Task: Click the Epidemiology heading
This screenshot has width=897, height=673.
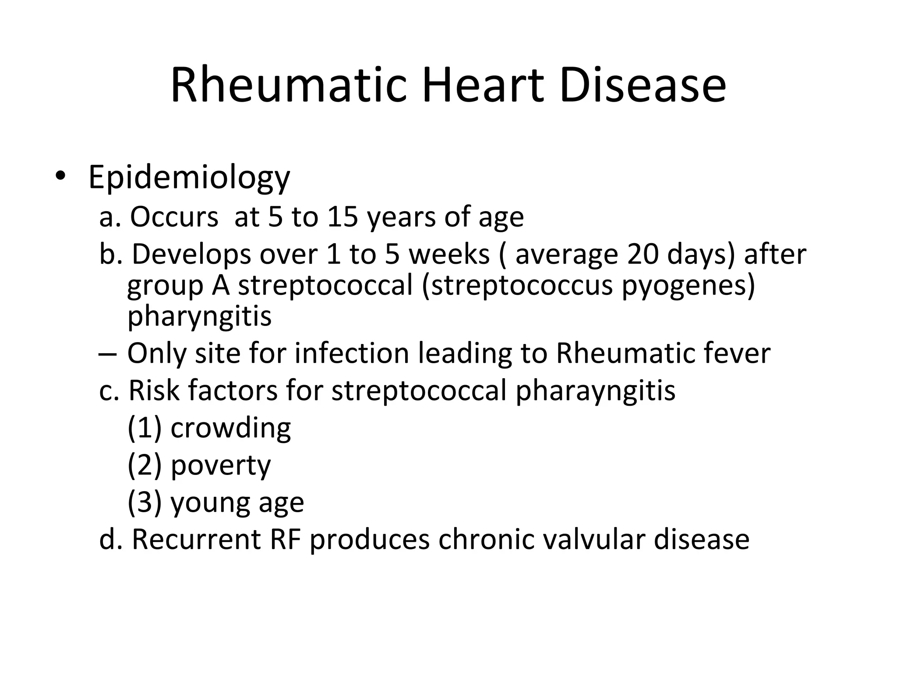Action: click(x=189, y=178)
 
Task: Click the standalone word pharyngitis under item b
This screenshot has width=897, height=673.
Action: click(x=199, y=316)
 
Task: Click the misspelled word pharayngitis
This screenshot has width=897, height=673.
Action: click(x=595, y=390)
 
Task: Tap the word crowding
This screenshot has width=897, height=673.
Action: click(x=230, y=428)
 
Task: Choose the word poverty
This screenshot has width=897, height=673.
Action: click(x=221, y=466)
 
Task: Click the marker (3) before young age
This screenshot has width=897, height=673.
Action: click(x=145, y=502)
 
